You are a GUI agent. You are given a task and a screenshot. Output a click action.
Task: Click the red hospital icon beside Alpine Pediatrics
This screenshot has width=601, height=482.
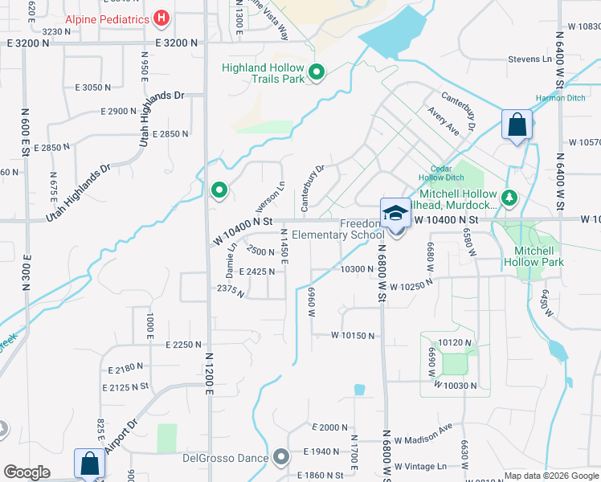pyautogui.click(x=161, y=18)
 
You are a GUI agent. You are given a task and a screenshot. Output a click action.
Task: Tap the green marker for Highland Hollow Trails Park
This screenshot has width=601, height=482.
pyautogui.click(x=317, y=74)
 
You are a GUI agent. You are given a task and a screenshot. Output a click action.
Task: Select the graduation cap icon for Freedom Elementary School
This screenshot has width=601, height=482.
pyautogui.click(x=395, y=214)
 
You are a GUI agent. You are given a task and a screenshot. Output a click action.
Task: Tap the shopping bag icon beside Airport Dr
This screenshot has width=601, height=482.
pyautogui.click(x=88, y=464)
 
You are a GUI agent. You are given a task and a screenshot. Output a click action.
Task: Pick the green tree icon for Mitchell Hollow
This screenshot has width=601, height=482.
pyautogui.click(x=508, y=197)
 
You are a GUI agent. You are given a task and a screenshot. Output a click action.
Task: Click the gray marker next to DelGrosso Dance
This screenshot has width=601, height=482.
pyautogui.click(x=280, y=457)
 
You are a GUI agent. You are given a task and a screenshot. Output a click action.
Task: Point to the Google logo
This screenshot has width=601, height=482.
pyautogui.click(x=27, y=472)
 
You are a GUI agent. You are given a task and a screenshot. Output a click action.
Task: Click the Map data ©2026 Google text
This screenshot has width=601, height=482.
pyautogui.click(x=551, y=476)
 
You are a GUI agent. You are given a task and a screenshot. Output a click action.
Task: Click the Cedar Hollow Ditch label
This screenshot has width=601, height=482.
pyautogui.click(x=441, y=173)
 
